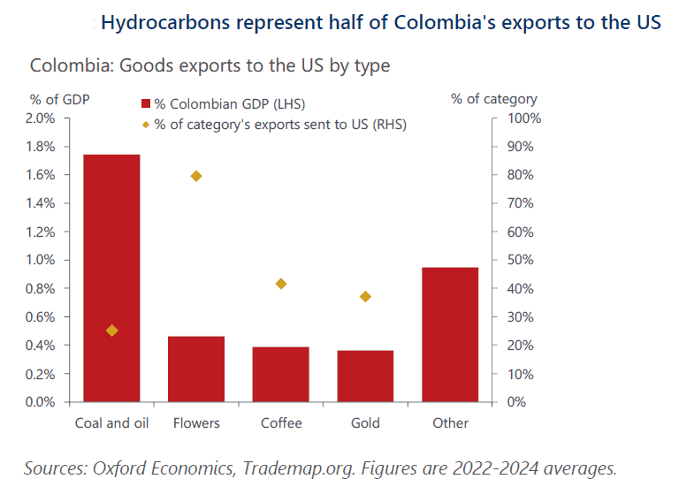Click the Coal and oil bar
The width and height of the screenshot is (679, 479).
(111, 278)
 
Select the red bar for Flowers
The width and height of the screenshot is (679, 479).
(196, 369)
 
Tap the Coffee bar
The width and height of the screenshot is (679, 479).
(281, 374)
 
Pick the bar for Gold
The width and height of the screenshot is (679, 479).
(365, 376)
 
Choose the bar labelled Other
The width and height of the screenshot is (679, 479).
(450, 334)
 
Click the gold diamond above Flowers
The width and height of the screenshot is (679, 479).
(196, 176)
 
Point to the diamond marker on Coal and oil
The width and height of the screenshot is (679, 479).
(111, 331)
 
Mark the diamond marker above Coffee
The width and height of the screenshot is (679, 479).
(281, 284)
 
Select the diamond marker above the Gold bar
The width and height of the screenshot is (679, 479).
(365, 296)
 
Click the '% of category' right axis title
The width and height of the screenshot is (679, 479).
(493, 98)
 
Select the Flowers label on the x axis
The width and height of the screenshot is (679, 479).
(196, 422)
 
